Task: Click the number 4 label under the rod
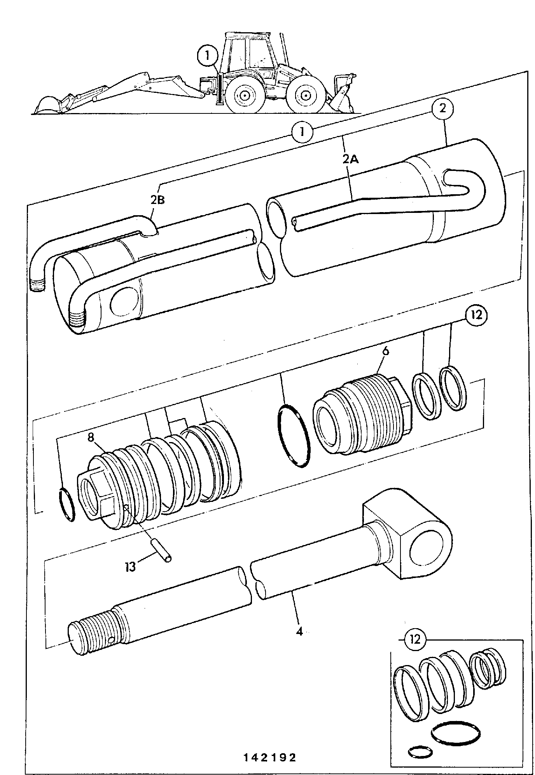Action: (x=299, y=631)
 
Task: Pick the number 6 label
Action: (x=385, y=351)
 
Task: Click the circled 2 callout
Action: (x=443, y=109)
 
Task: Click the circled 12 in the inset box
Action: (x=415, y=639)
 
